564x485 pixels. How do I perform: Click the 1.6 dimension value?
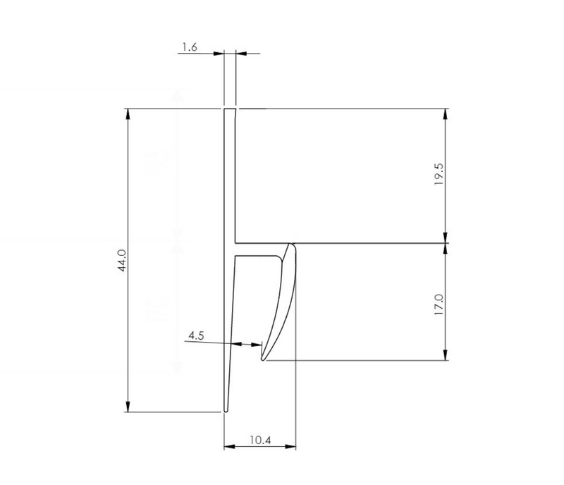[188, 47]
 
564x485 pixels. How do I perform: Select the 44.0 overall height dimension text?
[122, 260]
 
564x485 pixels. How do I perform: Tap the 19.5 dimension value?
[438, 173]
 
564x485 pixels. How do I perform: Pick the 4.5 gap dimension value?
[197, 336]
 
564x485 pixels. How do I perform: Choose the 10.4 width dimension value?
[259, 441]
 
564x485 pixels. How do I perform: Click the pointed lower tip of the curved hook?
[263, 359]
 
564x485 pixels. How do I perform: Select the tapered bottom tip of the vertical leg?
[226, 410]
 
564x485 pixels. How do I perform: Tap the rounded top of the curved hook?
[290, 245]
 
